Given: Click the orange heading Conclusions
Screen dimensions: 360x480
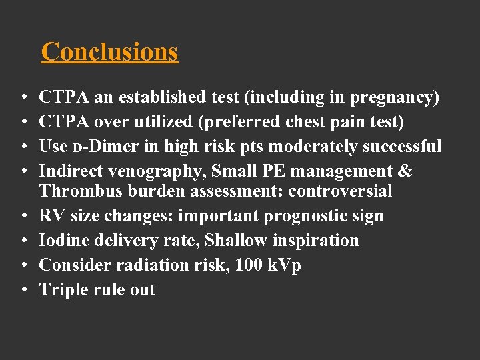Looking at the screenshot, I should click(109, 51).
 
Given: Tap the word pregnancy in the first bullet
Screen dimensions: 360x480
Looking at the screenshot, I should click(393, 97).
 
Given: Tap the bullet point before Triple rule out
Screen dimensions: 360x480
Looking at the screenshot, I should click(23, 291).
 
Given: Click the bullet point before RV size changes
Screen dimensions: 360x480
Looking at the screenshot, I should click(23, 217).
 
